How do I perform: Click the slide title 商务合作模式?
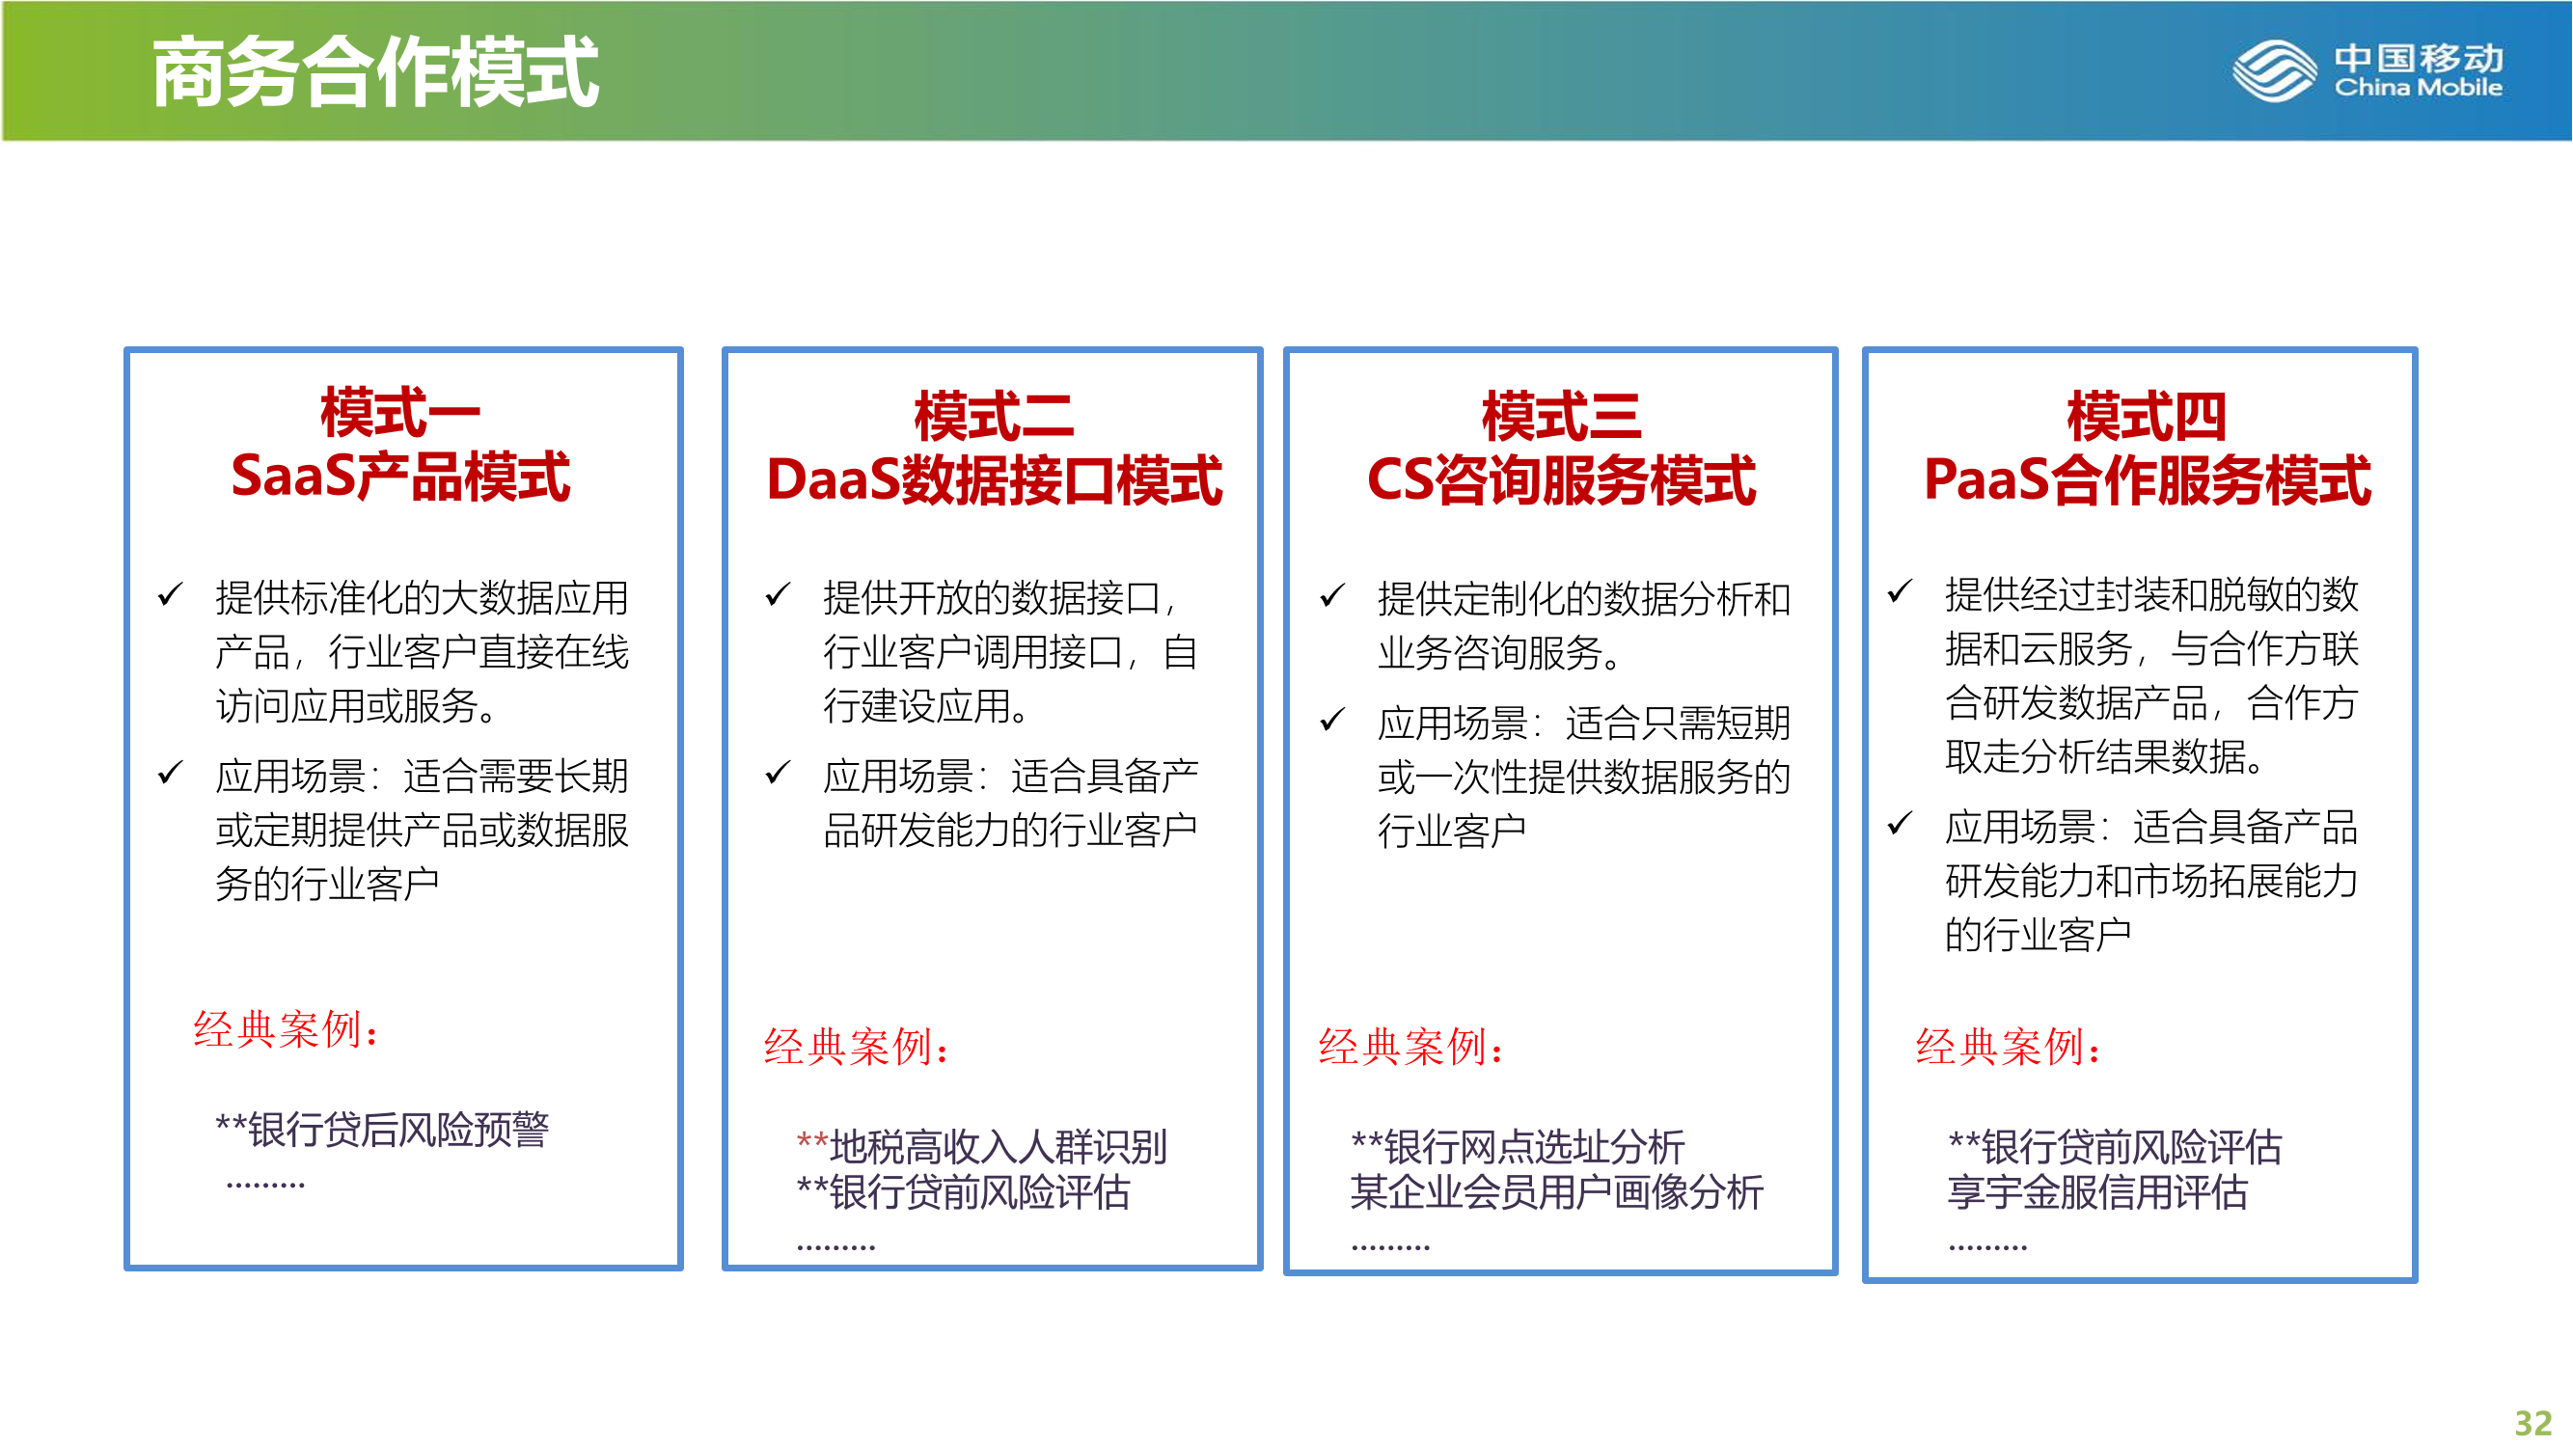(x=375, y=72)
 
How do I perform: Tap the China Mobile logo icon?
(x=2274, y=70)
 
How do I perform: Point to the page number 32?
(x=2532, y=1422)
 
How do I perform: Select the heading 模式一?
(x=400, y=414)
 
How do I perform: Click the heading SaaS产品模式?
(x=400, y=477)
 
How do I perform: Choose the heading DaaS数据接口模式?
(x=994, y=480)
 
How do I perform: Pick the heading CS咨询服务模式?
(x=1561, y=480)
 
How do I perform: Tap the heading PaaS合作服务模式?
(x=2148, y=480)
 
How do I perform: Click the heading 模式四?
(x=2148, y=416)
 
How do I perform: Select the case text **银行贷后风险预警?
(x=383, y=1130)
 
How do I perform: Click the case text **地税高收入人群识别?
(x=982, y=1146)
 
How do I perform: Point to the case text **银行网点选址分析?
(x=1519, y=1146)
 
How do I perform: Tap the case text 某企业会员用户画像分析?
(x=1557, y=1192)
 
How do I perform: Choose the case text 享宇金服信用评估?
(x=2097, y=1192)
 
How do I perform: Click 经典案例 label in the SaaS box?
(x=286, y=1029)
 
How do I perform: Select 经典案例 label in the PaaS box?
(x=2008, y=1047)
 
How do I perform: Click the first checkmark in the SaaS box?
(x=171, y=594)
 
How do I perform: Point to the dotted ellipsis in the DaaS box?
(x=836, y=1247)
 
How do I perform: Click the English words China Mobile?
(x=2419, y=88)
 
